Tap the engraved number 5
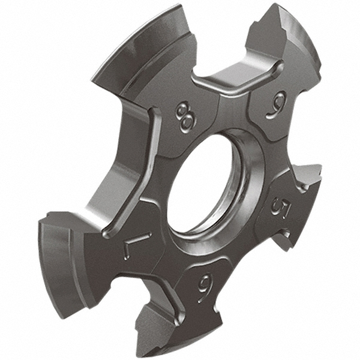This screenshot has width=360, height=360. pos(280,206)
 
